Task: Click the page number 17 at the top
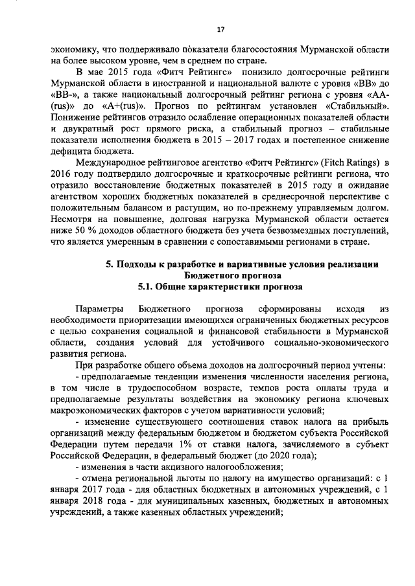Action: coord(220,29)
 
